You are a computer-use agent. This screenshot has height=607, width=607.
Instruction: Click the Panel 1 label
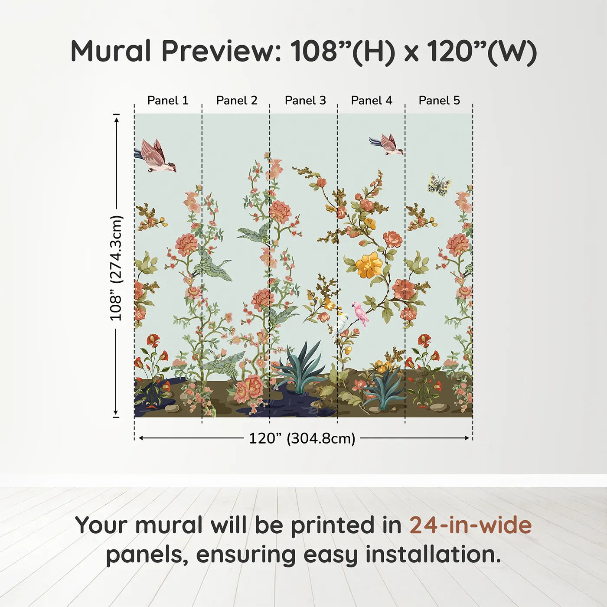click(x=168, y=100)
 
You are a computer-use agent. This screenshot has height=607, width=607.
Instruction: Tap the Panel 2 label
click(x=236, y=100)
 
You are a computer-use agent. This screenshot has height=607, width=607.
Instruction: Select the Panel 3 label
click(x=305, y=100)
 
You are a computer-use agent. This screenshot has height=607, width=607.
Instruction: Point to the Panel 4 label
click(x=372, y=100)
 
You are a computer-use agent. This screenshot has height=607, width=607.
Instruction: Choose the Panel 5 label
click(x=439, y=100)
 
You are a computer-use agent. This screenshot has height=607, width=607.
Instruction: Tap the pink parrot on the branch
click(x=361, y=313)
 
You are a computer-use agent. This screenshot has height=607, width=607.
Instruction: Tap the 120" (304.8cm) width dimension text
click(x=302, y=438)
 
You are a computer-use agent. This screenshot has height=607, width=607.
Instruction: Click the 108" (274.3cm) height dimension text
click(x=116, y=268)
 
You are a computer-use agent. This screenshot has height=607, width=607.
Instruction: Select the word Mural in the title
click(x=111, y=51)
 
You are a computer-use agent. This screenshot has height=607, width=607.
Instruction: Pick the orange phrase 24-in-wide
click(x=470, y=525)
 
